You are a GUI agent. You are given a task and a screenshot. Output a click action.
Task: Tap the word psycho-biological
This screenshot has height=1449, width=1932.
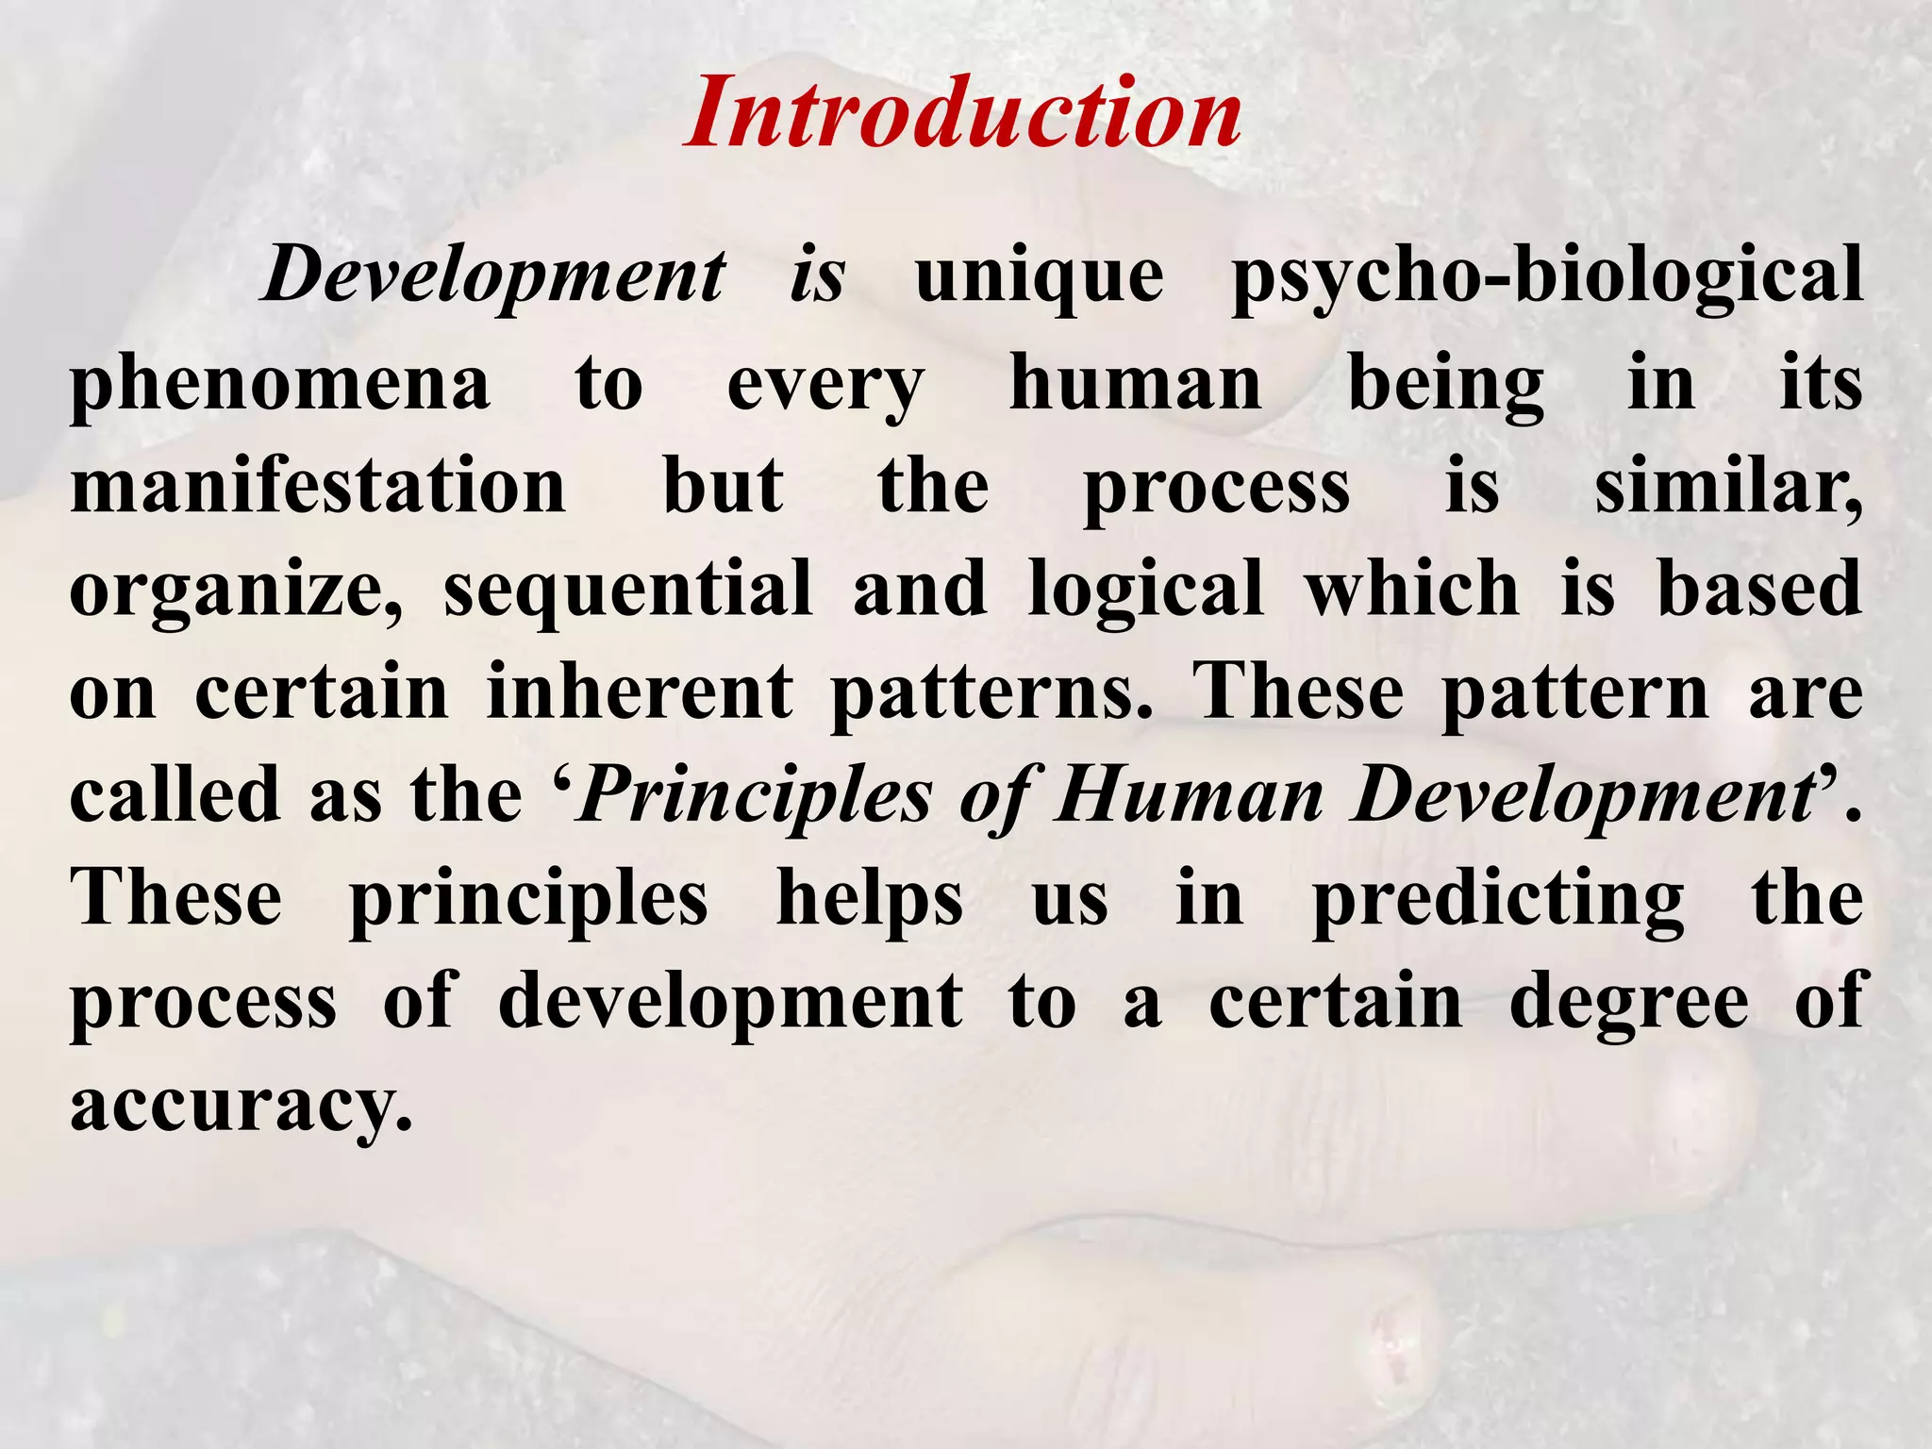pos(1547,278)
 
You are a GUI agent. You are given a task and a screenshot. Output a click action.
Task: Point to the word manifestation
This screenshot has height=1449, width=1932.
pos(318,486)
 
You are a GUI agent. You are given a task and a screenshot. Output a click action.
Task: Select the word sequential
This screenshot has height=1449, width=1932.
pos(628,589)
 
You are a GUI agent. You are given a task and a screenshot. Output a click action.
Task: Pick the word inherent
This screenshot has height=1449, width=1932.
pos(640,691)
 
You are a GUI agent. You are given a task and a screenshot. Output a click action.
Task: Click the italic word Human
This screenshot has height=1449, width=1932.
pos(1189,796)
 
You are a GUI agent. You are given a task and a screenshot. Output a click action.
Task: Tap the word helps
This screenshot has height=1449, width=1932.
pos(870,900)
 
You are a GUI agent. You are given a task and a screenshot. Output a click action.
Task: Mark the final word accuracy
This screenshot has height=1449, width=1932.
pos(241,1106)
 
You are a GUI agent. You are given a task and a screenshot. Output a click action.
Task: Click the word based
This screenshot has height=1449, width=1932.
pos(1759,589)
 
